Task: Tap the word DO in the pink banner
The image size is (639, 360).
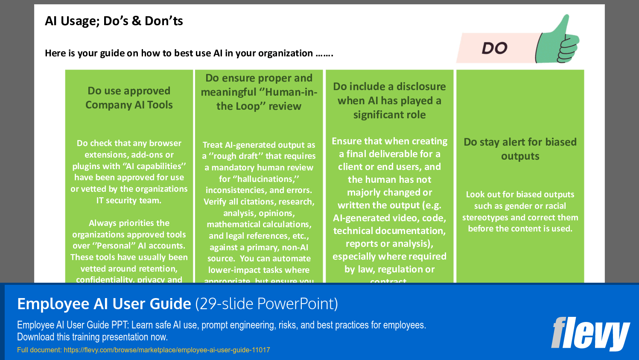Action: click(495, 48)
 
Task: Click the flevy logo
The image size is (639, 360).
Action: click(590, 333)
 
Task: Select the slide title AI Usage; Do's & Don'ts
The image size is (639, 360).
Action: click(114, 21)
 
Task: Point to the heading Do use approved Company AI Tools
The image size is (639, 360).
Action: click(129, 98)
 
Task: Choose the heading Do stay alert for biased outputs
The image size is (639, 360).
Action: click(520, 149)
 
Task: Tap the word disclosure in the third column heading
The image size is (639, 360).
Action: click(421, 86)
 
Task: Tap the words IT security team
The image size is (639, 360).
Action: click(129, 200)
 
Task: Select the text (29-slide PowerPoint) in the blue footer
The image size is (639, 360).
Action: click(266, 304)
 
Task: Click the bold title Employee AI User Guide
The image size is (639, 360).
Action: click(104, 304)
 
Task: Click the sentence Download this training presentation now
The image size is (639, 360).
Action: click(92, 337)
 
